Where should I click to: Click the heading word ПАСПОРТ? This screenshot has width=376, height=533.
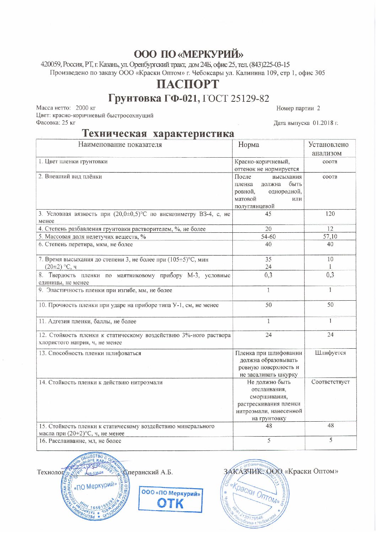(188, 85)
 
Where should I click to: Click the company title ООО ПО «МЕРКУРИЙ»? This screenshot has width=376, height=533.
(188, 54)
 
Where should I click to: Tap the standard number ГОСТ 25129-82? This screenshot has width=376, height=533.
(235, 99)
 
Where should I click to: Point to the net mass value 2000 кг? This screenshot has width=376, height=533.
(86, 108)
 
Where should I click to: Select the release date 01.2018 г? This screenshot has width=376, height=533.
(325, 123)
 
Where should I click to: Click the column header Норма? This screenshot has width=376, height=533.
(249, 145)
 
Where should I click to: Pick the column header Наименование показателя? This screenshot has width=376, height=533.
(120, 145)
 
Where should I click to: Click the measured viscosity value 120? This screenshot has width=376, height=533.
(330, 214)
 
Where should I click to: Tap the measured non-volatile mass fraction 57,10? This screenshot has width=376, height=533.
(330, 237)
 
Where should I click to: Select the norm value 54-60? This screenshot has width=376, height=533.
(268, 237)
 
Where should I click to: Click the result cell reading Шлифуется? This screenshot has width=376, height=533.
(330, 353)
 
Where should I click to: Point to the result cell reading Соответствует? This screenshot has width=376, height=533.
(331, 382)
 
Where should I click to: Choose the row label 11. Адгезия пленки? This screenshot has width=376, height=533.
(87, 321)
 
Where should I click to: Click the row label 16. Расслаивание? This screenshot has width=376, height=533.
(80, 441)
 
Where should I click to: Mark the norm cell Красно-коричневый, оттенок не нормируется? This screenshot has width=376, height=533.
(267, 165)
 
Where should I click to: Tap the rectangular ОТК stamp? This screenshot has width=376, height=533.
(170, 498)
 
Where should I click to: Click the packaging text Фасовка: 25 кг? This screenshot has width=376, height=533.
(56, 123)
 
